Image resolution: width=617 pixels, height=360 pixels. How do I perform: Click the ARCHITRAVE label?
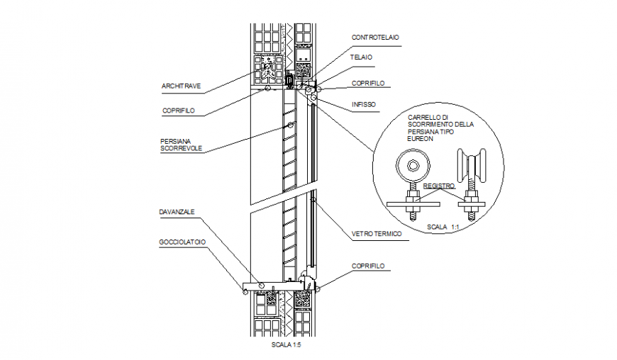[181, 86]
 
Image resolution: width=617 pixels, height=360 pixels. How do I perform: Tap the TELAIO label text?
[361, 57]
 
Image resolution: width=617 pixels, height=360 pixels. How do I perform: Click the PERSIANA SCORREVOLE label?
[181, 145]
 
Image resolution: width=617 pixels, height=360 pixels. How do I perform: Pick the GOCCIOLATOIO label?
[182, 242]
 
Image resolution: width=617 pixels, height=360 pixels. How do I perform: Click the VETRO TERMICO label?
[377, 233]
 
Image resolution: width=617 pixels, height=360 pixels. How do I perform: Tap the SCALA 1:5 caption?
[287, 346]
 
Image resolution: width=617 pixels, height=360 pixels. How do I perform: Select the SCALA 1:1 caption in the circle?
[443, 227]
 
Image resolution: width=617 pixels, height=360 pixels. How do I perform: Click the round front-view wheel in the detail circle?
[412, 169]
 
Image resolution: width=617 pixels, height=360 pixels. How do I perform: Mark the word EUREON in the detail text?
[421, 139]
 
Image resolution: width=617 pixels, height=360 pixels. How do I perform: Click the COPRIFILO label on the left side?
[178, 111]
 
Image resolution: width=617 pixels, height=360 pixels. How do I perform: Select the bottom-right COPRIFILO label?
[368, 266]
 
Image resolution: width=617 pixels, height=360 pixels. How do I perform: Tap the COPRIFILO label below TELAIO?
[368, 84]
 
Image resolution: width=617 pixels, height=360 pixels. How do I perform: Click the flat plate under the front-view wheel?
[413, 204]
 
